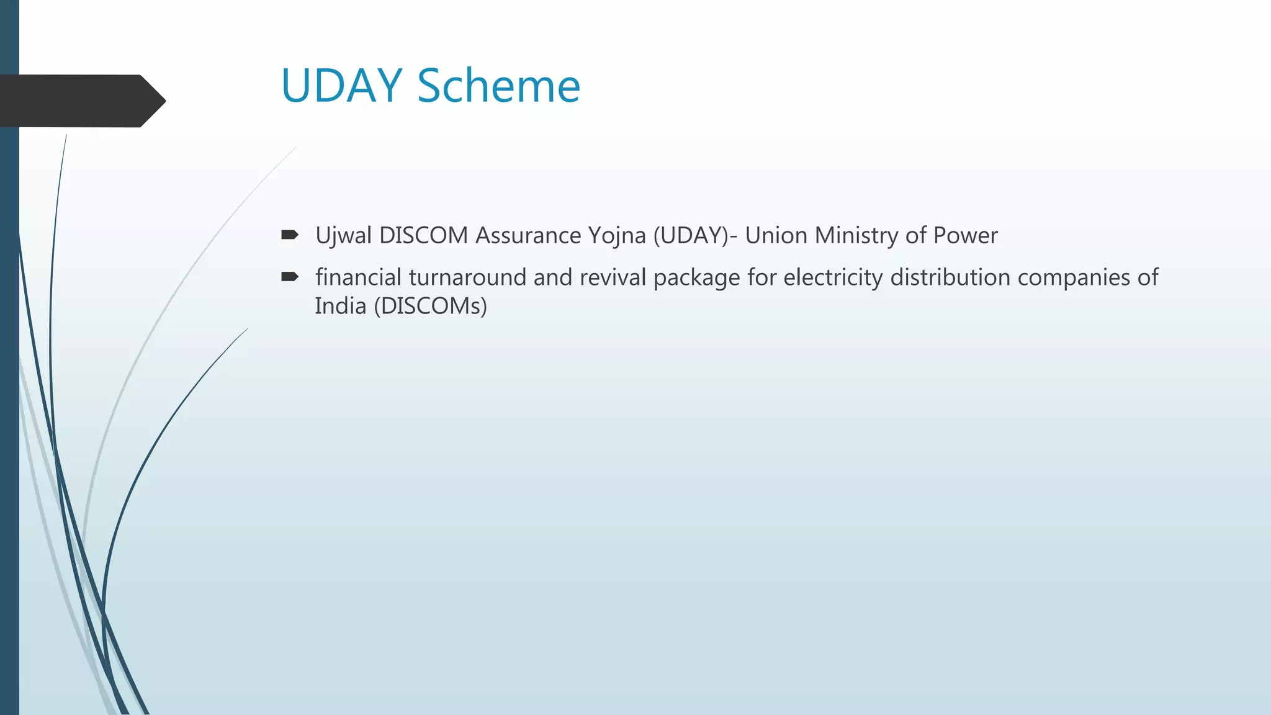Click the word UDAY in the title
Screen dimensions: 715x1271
tap(342, 86)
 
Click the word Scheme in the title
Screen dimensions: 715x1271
tap(498, 86)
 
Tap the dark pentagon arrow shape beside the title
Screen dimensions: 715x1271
tap(81, 101)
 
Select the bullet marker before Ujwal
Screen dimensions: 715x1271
tap(290, 235)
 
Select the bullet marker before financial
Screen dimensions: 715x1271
tap(290, 277)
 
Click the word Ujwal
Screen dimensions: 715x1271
tap(343, 236)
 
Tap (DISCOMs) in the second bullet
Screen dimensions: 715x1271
tap(431, 306)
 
